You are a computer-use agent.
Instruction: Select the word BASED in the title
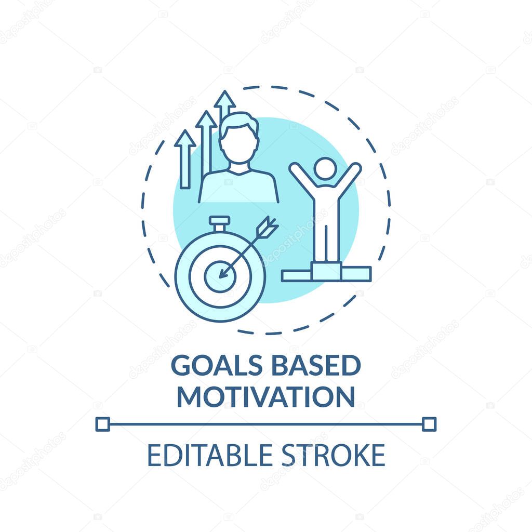point(316,365)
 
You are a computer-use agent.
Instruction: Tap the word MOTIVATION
point(266,396)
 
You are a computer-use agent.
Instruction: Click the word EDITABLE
point(210,455)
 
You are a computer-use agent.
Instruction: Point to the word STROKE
point(334,455)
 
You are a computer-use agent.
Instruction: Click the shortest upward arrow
point(185,159)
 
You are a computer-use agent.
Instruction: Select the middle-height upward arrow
point(206,141)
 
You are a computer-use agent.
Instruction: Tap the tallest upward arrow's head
point(224,99)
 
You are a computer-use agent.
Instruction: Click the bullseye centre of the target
point(220,276)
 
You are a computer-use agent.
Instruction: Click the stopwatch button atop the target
point(220,223)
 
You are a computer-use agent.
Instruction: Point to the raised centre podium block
point(326,271)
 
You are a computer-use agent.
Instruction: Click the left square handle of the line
point(102,424)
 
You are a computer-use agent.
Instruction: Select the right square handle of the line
point(429,424)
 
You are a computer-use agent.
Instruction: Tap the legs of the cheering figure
point(326,243)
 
